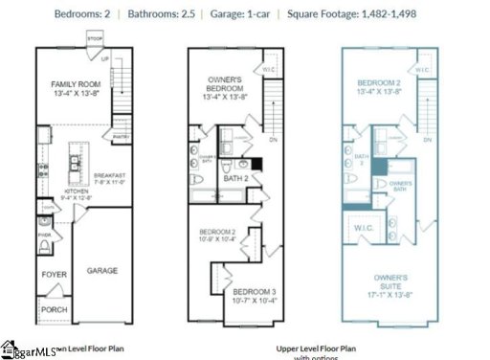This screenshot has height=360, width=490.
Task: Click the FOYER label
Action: (54, 274)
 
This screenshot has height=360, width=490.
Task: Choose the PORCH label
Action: (54, 309)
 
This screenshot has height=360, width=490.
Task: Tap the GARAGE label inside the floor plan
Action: (103, 271)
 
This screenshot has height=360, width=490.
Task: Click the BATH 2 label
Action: (234, 178)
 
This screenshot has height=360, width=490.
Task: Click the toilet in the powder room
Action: (45, 248)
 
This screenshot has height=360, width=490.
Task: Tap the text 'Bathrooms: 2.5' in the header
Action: (181, 12)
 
